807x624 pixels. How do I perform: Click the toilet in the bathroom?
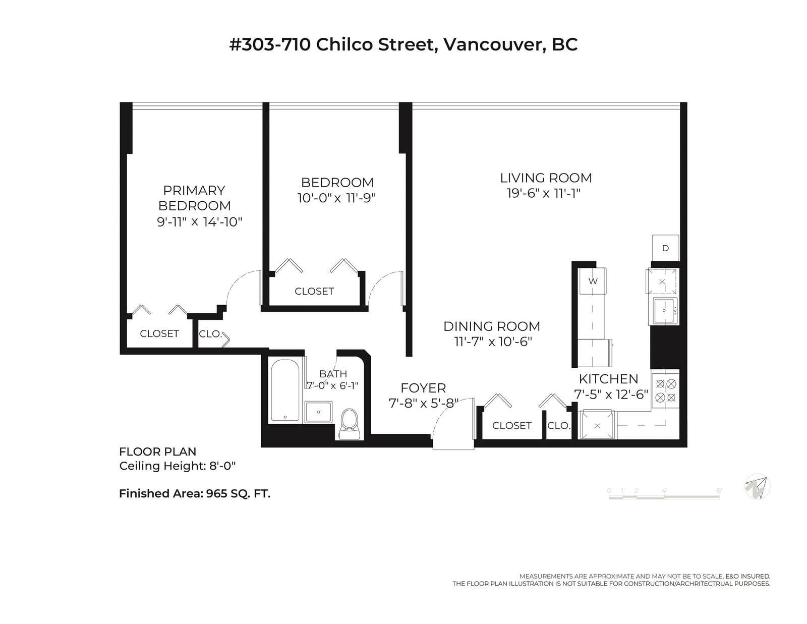(x=349, y=424)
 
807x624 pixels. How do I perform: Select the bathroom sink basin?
(x=318, y=412)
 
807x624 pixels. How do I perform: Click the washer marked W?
(x=593, y=281)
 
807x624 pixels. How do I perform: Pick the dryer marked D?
(x=665, y=248)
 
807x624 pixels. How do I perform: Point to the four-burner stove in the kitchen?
(x=665, y=391)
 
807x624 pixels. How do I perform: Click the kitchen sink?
(x=664, y=311)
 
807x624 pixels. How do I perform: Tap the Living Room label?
(x=546, y=178)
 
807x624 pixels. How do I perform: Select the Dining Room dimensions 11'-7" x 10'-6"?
(x=493, y=342)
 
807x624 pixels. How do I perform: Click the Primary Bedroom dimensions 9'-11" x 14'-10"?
(x=199, y=222)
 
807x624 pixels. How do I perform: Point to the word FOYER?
(x=423, y=388)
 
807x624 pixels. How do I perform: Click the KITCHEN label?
(x=608, y=379)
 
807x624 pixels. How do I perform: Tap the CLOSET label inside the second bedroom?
(x=314, y=291)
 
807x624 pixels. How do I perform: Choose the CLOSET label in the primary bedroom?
(x=159, y=333)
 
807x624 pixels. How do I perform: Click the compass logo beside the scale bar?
(x=758, y=486)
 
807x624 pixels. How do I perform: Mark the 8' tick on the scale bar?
(x=719, y=491)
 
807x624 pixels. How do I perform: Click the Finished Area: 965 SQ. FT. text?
(x=195, y=494)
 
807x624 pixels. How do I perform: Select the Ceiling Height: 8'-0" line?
(x=178, y=466)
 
